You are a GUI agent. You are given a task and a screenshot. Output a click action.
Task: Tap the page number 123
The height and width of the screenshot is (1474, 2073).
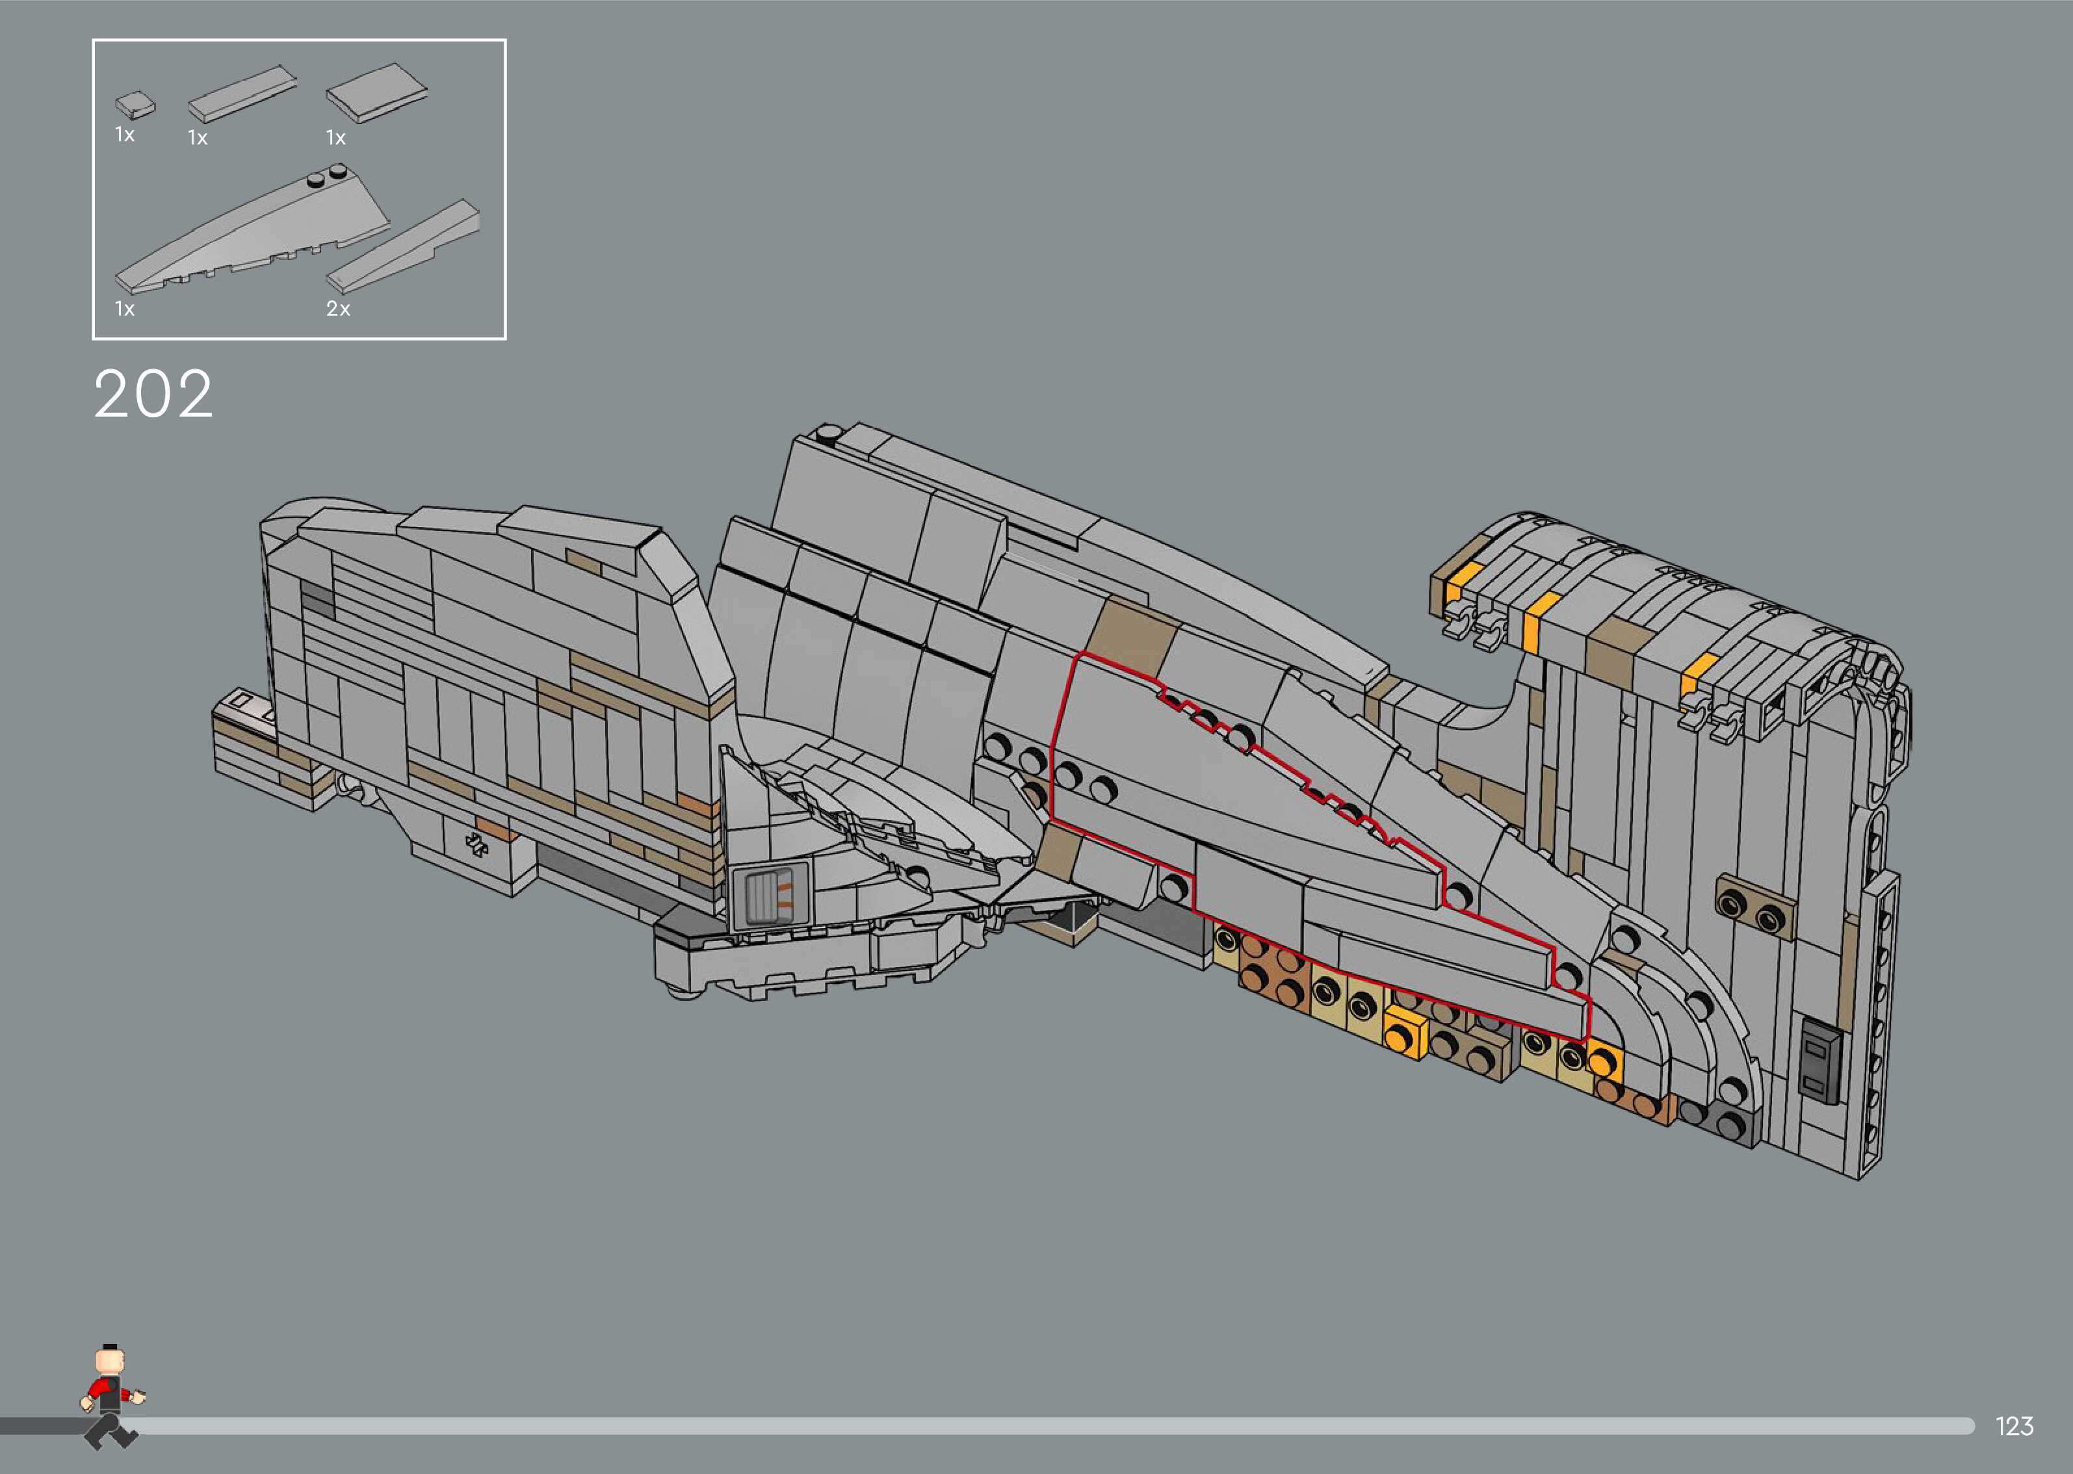2014,1426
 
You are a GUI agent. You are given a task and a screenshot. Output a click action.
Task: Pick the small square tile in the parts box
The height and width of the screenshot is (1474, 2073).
135,105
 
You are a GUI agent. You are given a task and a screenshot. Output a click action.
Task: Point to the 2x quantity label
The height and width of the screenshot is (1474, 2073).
337,309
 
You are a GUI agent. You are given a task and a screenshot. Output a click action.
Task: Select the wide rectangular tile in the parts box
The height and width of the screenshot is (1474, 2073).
376,92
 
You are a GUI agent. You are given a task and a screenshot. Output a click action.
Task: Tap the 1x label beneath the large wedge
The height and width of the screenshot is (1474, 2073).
124,309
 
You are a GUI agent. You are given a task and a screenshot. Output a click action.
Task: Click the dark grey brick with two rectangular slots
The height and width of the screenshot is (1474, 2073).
1819,1062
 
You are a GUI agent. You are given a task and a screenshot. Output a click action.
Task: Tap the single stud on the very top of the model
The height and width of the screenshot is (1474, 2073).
827,434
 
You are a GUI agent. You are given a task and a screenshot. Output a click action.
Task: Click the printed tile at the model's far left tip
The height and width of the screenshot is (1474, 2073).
245,705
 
